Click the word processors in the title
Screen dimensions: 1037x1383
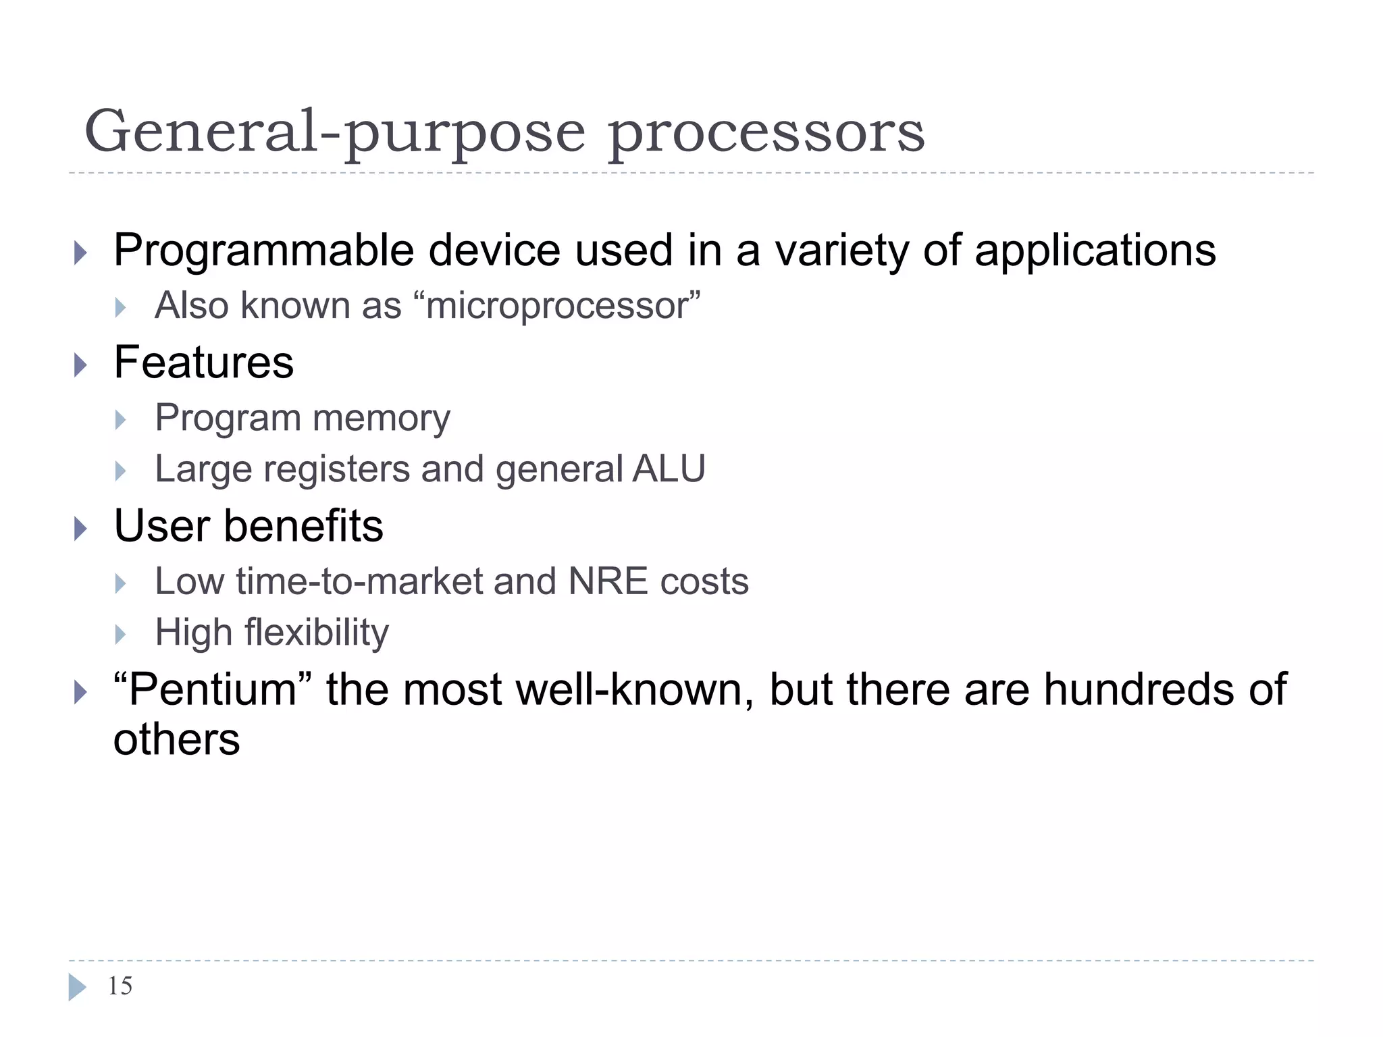click(766, 133)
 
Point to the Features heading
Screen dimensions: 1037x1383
click(203, 363)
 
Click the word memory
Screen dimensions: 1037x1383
click(382, 418)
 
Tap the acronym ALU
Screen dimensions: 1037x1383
click(669, 469)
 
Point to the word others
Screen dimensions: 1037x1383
click(176, 740)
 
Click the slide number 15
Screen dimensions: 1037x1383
click(120, 986)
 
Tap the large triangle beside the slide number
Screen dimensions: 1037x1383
click(77, 987)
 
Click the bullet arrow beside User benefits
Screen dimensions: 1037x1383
click(80, 529)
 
